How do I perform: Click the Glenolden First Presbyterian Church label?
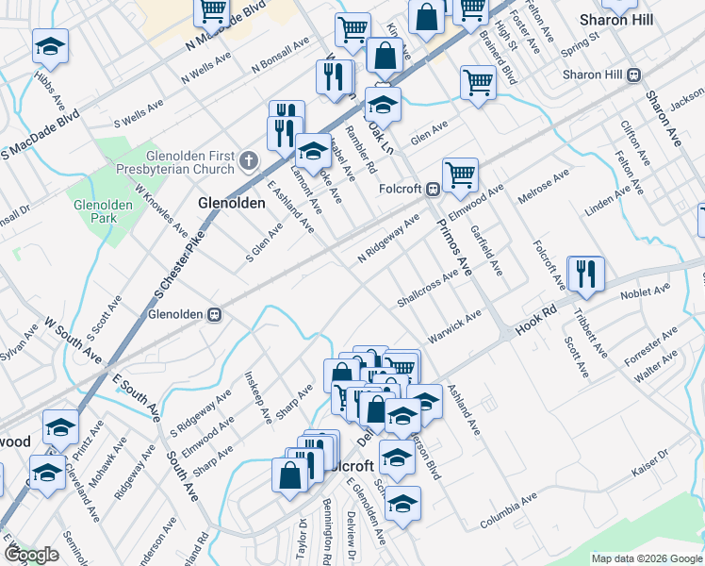click(189, 162)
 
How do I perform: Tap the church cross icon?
click(249, 161)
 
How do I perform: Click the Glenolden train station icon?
click(215, 313)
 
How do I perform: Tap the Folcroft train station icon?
click(431, 189)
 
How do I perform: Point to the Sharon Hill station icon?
click(634, 75)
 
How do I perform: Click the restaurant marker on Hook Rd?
click(584, 275)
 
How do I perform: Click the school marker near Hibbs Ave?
click(51, 46)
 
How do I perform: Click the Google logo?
click(31, 555)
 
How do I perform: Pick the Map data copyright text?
click(646, 558)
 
